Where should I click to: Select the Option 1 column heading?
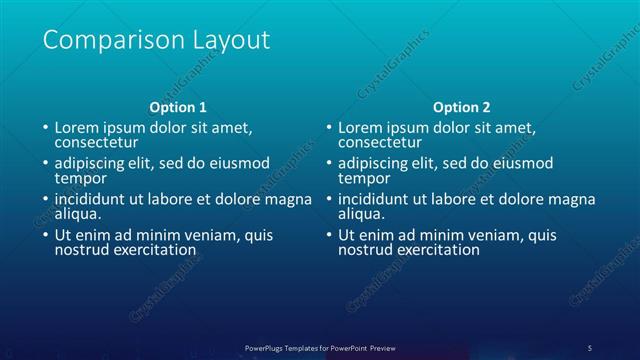coord(178,107)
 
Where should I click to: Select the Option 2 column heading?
coord(462,107)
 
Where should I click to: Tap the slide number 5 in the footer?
coord(590,347)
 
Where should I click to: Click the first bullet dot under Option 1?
coord(45,129)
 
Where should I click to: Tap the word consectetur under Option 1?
coord(93,143)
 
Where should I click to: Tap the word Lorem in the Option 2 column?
coord(359,129)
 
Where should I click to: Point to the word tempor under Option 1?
coord(78,178)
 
